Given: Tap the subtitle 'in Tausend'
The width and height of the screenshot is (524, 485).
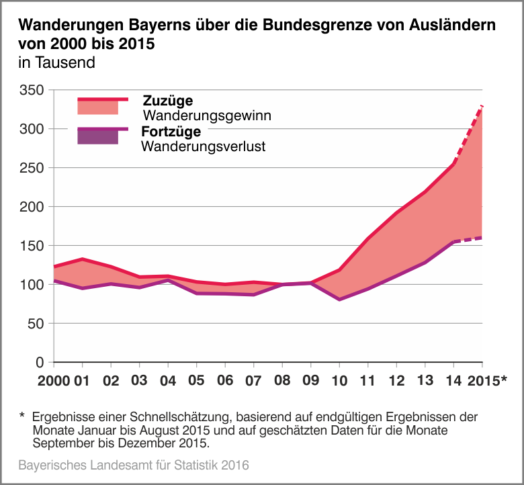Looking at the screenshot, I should [x=57, y=64].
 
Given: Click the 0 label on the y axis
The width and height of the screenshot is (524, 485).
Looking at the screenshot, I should [x=40, y=363].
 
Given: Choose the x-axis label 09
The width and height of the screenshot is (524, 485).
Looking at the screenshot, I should [x=310, y=381].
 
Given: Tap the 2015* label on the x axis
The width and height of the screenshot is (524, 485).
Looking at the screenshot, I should [x=484, y=381].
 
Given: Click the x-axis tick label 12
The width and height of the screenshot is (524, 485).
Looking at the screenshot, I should [x=396, y=381].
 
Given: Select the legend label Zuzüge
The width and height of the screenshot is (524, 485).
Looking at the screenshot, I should [x=168, y=101].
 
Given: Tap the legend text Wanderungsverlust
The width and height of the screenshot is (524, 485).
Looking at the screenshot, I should [x=204, y=146].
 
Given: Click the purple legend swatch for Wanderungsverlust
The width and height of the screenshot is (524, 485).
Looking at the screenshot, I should [x=98, y=137].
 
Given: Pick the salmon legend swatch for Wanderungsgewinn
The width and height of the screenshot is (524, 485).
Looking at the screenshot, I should [x=98, y=107].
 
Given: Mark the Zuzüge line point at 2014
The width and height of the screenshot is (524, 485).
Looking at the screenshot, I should [x=453, y=163].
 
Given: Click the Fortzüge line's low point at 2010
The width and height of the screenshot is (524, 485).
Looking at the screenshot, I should [x=339, y=300].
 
